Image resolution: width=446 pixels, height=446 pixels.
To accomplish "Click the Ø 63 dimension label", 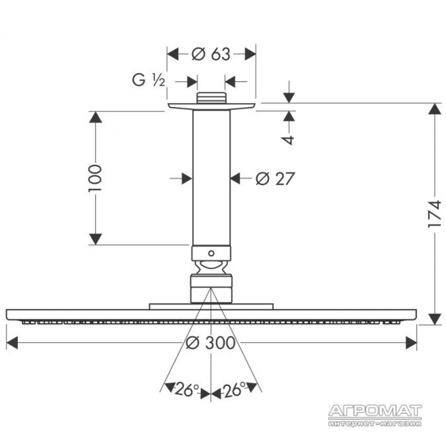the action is (x=211, y=54).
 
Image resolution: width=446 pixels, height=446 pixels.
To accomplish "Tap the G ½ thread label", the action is (x=148, y=80).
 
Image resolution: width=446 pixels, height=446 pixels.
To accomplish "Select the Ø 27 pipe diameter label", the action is (x=274, y=179).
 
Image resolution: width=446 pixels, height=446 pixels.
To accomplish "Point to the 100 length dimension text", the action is (x=95, y=178).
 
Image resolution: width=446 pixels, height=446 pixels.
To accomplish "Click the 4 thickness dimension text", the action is (x=289, y=140).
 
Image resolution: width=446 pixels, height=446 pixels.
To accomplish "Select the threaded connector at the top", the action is (x=211, y=98).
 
